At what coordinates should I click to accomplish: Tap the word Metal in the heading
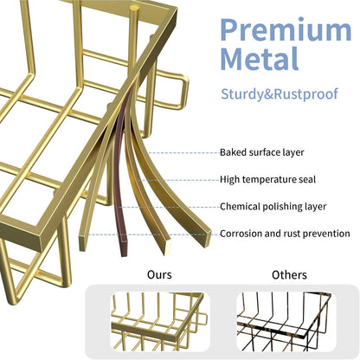[260, 59]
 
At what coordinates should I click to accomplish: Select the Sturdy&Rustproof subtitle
[280, 94]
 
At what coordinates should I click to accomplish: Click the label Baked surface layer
[262, 152]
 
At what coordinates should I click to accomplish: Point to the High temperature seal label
[267, 179]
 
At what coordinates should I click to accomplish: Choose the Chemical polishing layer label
[273, 207]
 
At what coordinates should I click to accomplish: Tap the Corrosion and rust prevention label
[285, 234]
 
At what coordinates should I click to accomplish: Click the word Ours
[159, 274]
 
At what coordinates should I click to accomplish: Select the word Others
[289, 275]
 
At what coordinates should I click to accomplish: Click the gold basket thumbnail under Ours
[160, 322]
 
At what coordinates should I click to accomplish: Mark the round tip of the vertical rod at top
[134, 8]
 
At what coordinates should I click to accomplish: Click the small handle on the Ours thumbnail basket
[202, 318]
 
